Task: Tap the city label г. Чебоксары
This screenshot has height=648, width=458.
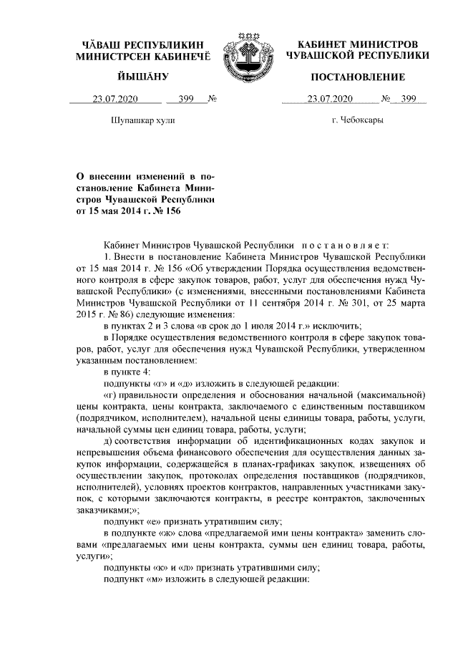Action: coord(357,120)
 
